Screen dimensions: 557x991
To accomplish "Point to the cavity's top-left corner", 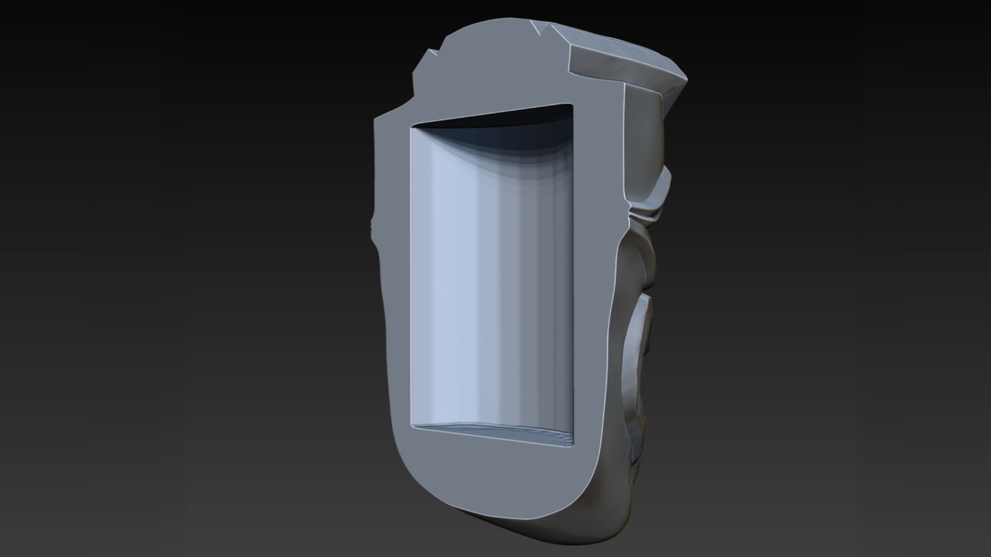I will [412, 126].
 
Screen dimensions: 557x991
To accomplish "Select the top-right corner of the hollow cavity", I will [572, 105].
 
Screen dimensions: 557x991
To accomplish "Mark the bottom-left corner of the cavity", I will [412, 427].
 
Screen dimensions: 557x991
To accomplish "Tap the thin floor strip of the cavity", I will [495, 434].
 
